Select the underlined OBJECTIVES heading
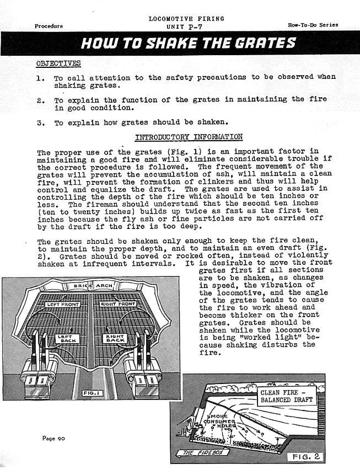pyautogui.click(x=58, y=63)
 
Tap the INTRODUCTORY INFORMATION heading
pyautogui.click(x=189, y=137)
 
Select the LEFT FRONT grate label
pyautogui.click(x=62, y=304)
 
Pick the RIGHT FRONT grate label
pyautogui.click(x=118, y=304)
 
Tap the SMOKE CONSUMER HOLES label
pyautogui.click(x=221, y=421)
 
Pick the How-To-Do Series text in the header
pyautogui.click(x=313, y=25)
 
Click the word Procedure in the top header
pyautogui.click(x=49, y=26)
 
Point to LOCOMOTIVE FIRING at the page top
pyautogui.click(x=186, y=19)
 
